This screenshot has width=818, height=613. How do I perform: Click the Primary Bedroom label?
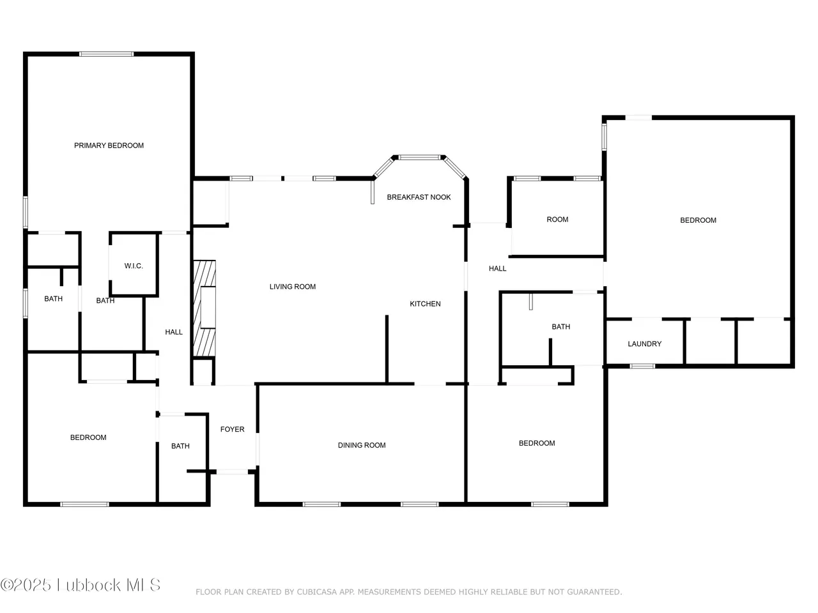click(109, 146)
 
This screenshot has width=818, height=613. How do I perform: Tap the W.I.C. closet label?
click(134, 266)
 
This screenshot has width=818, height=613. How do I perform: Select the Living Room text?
click(293, 287)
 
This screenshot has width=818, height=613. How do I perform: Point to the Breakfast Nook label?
click(419, 197)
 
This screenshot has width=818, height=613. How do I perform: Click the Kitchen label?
click(425, 304)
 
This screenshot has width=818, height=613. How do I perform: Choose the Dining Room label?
click(362, 445)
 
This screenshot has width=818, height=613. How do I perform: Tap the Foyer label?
click(232, 429)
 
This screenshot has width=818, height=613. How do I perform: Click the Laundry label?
click(644, 344)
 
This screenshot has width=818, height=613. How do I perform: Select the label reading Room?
click(557, 220)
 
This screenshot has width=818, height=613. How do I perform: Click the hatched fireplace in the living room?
click(204, 308)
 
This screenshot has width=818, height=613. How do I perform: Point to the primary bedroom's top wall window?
click(106, 54)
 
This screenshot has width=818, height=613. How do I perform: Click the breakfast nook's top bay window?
click(419, 158)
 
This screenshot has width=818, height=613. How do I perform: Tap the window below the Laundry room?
click(642, 367)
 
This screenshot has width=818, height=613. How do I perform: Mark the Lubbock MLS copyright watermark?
click(81, 585)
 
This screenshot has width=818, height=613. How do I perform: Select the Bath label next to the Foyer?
click(180, 446)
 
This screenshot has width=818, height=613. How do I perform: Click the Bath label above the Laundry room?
click(561, 327)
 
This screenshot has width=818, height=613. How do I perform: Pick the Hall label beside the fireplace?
click(174, 332)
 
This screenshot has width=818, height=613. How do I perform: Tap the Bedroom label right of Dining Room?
click(537, 443)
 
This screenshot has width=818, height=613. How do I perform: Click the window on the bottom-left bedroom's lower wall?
click(84, 504)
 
